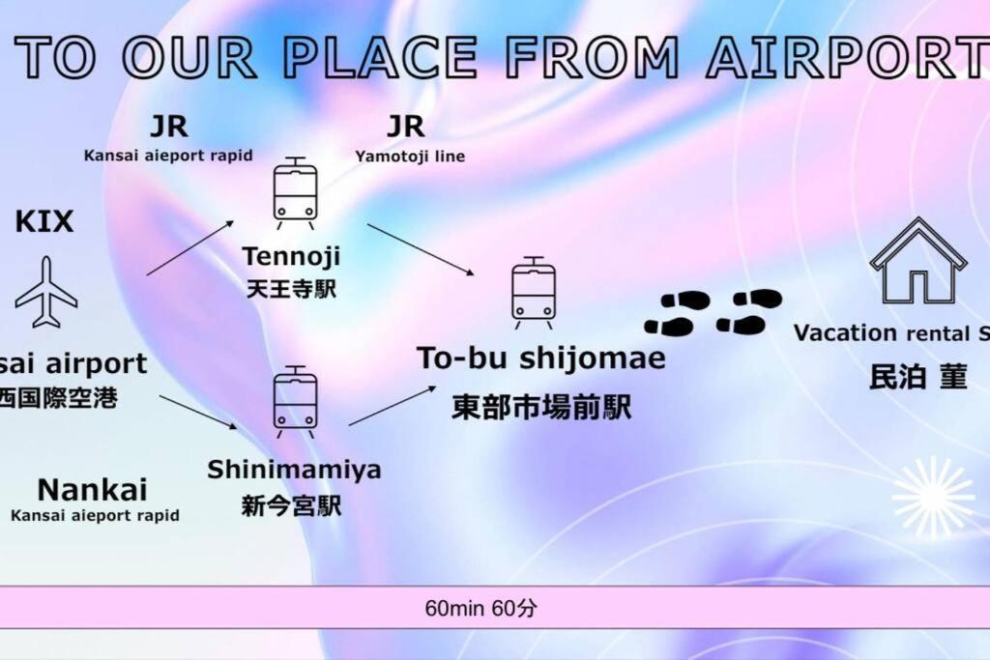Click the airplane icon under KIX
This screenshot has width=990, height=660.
[x=45, y=292]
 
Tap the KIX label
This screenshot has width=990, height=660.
[x=44, y=222]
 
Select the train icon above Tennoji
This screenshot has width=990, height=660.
[x=294, y=193]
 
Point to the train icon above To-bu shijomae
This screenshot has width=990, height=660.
[x=533, y=293]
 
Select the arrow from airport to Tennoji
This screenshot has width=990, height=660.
[x=190, y=247]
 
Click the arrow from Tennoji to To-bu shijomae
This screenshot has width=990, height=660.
[x=422, y=249]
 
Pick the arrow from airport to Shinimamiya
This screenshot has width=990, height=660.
[x=198, y=411]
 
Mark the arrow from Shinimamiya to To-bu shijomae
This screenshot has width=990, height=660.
[x=391, y=406]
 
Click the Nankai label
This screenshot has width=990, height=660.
[x=92, y=490]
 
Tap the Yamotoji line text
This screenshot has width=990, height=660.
[x=409, y=156]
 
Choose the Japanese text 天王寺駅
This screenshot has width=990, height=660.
[x=290, y=288]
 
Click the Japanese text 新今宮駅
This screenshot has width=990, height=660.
[x=291, y=506]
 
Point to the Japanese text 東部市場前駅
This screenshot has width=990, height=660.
[x=541, y=408]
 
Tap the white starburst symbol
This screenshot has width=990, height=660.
[x=933, y=497]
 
